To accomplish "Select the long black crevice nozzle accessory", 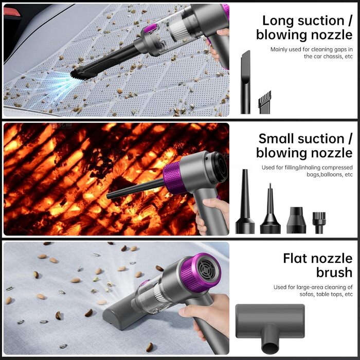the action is (x=245, y=82).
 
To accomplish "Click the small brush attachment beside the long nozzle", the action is (x=264, y=102).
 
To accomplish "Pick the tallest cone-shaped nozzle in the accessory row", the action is (x=245, y=202).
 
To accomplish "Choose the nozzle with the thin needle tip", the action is (x=270, y=208).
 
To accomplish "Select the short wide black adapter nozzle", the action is (x=296, y=220).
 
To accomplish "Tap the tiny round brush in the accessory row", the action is (x=319, y=223).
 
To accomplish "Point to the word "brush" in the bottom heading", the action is (x=334, y=272).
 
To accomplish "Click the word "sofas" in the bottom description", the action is (x=307, y=294).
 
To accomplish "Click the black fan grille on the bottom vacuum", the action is (x=207, y=272).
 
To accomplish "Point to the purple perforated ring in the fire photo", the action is (x=174, y=177).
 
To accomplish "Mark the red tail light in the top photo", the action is (x=12, y=12).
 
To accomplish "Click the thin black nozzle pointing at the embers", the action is (x=136, y=188).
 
